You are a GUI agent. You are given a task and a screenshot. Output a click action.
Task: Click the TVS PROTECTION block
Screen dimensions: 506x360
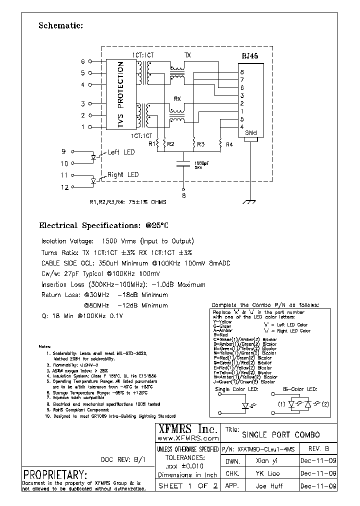click(120, 95)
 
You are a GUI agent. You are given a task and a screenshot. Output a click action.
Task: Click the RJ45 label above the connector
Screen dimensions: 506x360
click(249, 56)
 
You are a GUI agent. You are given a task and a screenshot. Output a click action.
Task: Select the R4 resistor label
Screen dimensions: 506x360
click(229, 144)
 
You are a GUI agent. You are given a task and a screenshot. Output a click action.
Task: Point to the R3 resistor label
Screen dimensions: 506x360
click(200, 144)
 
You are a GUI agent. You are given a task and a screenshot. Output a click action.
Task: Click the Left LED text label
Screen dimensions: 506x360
click(121, 152)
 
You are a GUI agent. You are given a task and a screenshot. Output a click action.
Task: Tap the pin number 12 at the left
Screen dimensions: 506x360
click(63, 187)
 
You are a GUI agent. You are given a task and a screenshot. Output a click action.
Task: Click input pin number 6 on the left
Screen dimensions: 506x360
click(83, 62)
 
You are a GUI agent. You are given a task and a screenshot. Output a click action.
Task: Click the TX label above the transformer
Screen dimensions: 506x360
click(187, 55)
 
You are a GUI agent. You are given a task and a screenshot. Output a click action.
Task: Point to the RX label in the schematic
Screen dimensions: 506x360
click(177, 99)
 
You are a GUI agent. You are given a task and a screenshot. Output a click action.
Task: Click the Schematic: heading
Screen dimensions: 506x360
click(60, 26)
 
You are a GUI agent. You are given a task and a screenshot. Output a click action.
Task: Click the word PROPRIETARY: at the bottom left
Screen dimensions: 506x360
click(55, 474)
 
